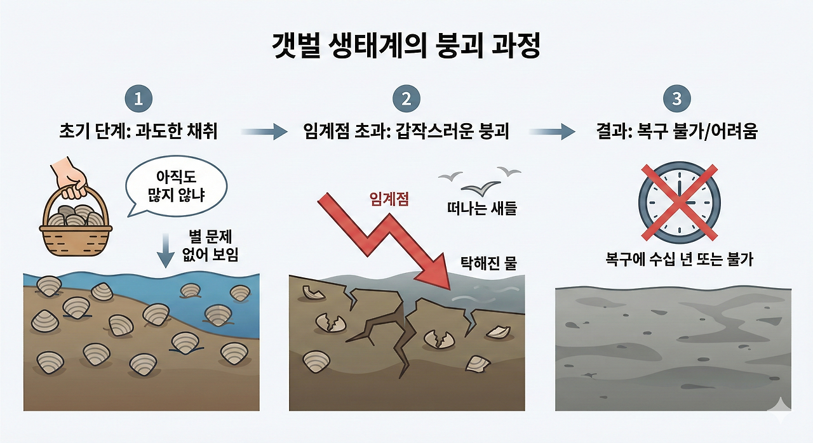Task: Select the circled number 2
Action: point(406,99)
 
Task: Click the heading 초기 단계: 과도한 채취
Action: point(138,132)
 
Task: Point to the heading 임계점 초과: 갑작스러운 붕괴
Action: point(406,132)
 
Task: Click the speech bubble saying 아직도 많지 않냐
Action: point(176,185)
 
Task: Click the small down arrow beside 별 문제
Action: point(165,249)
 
